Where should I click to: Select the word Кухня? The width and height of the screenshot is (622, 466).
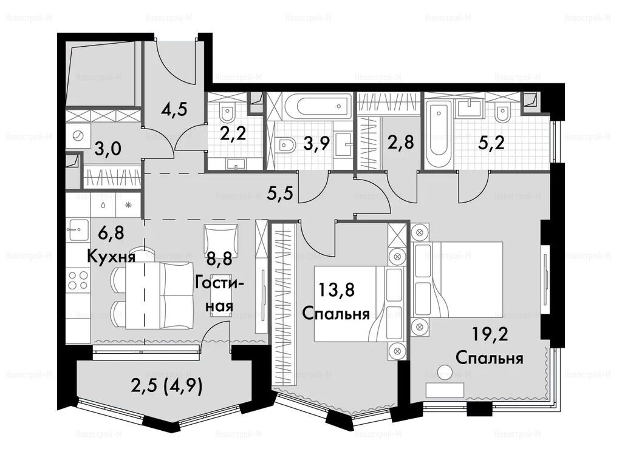111,257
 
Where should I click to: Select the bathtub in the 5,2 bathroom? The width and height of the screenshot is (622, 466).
439,129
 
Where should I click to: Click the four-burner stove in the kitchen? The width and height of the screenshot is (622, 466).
78,280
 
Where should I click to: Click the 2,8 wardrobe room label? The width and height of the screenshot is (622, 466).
401,142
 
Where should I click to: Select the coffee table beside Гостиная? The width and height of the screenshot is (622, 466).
221,295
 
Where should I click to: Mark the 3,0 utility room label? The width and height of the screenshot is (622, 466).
108,150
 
